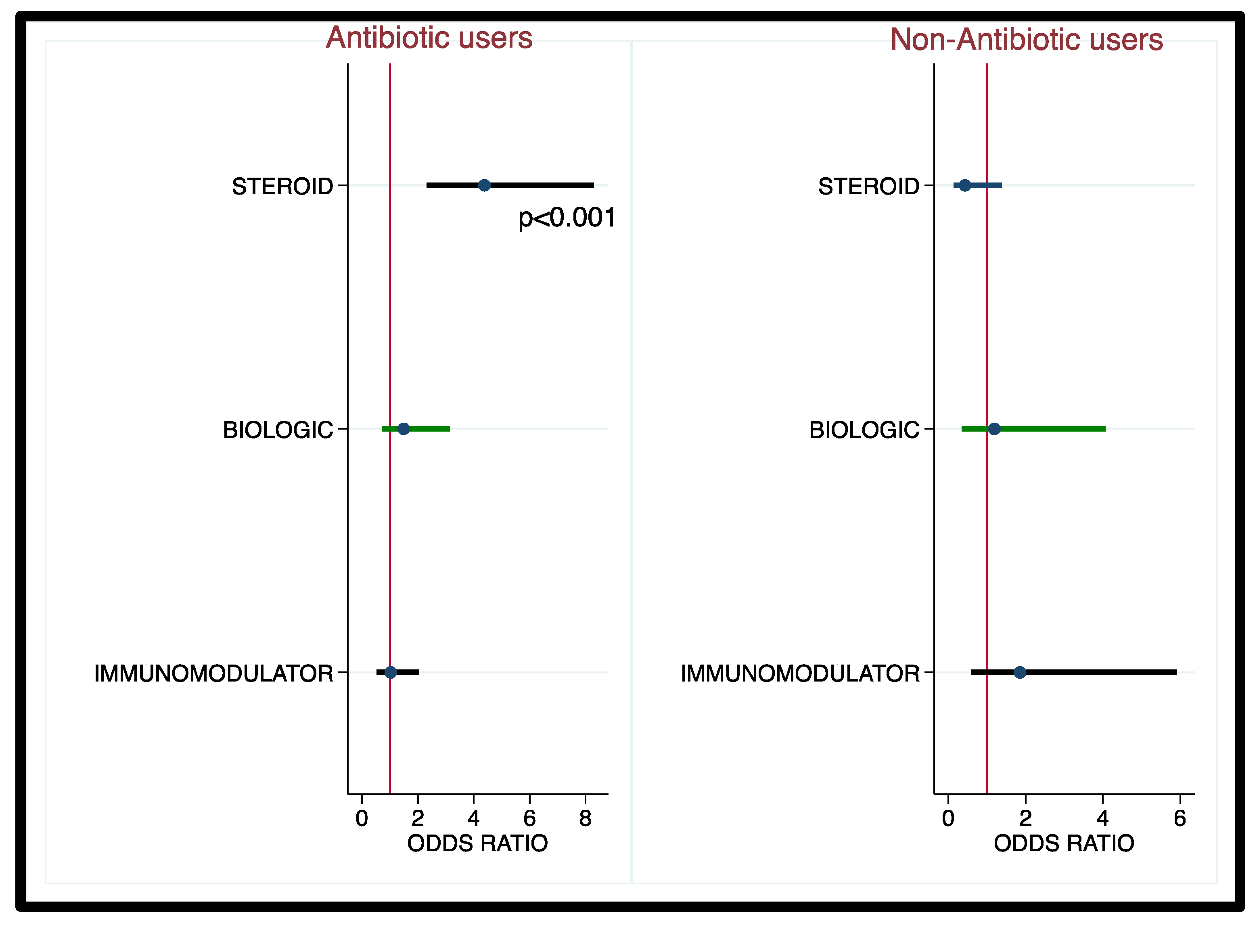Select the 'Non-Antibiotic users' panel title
click(x=1026, y=39)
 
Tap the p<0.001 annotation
click(x=567, y=218)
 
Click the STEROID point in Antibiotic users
click(x=485, y=185)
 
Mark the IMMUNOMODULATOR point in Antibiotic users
click(x=391, y=672)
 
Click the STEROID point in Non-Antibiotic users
click(x=964, y=185)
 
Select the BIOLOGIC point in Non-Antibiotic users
click(x=994, y=429)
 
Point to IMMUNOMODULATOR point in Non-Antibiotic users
click(x=1020, y=672)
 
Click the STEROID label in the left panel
click(x=282, y=186)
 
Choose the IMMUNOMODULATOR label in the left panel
click(x=213, y=673)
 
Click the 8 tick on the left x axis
click(x=586, y=819)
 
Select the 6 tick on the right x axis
click(x=1180, y=819)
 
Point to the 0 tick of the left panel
click(x=362, y=819)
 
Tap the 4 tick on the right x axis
click(x=1102, y=819)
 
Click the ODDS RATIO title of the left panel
click(x=477, y=843)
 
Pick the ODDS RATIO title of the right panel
click(x=1064, y=843)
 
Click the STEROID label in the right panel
click(x=869, y=186)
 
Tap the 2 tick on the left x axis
click(x=418, y=819)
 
